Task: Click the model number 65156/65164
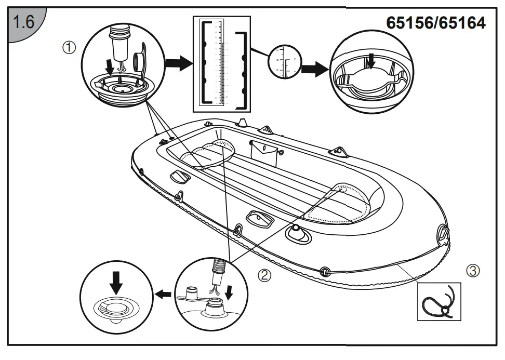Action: click(x=436, y=22)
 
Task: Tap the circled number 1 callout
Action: click(x=70, y=48)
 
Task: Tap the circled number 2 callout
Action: click(x=265, y=275)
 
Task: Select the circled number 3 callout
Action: click(x=473, y=271)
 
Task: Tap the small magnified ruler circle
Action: click(x=285, y=63)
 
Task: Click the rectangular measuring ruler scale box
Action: click(x=222, y=64)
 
